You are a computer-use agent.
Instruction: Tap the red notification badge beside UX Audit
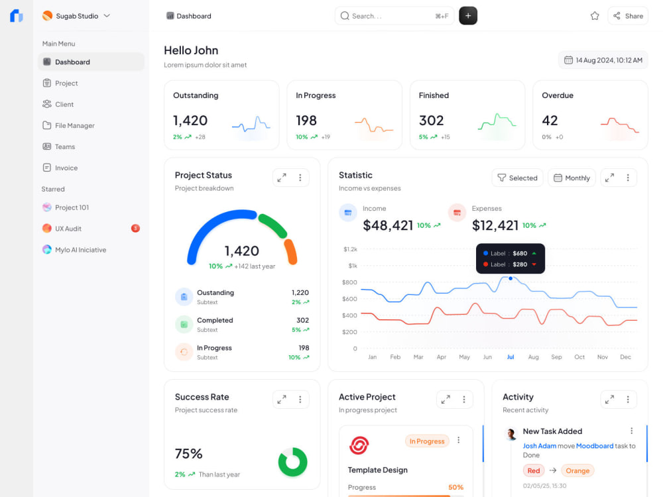pyautogui.click(x=135, y=228)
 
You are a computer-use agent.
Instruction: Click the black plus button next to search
pyautogui.click(x=468, y=16)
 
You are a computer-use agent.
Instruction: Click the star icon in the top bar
pyautogui.click(x=595, y=16)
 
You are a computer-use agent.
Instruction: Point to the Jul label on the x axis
pyautogui.click(x=511, y=357)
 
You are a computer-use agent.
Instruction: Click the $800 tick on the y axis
pyautogui.click(x=349, y=282)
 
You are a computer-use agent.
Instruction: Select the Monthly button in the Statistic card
pyautogui.click(x=572, y=178)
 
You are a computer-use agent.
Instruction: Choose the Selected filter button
pyautogui.click(x=518, y=178)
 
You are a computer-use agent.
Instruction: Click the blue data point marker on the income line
pyautogui.click(x=511, y=278)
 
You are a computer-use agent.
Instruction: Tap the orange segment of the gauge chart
pyautogui.click(x=291, y=252)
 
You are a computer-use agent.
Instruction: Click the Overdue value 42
pyautogui.click(x=550, y=121)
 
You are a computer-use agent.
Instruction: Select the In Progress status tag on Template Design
pyautogui.click(x=427, y=441)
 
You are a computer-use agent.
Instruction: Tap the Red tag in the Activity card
pyautogui.click(x=534, y=470)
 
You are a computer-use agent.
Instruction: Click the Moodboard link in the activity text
pyautogui.click(x=595, y=446)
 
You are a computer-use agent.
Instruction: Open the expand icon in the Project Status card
pyautogui.click(x=282, y=178)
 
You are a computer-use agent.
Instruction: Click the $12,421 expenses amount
pyautogui.click(x=495, y=225)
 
